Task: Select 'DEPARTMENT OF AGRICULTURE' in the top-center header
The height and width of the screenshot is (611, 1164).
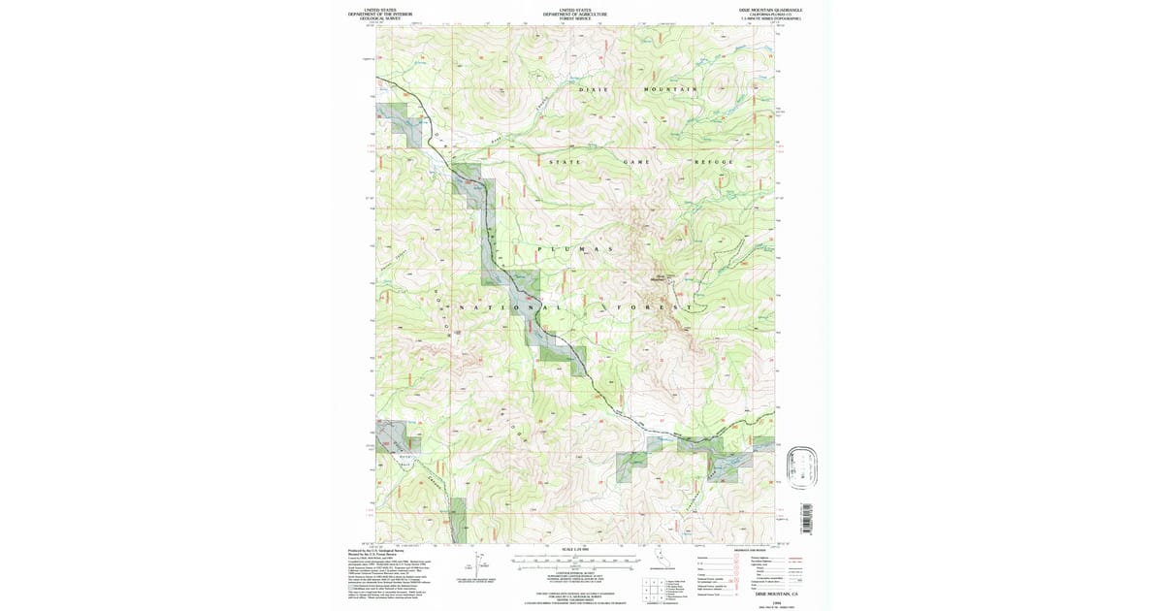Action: pyautogui.click(x=575, y=15)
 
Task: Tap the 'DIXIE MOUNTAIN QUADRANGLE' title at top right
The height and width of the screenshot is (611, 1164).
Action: pyautogui.click(x=771, y=10)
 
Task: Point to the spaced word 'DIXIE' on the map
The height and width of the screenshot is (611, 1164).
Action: pyautogui.click(x=594, y=89)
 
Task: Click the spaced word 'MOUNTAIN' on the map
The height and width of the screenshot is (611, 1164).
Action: pyautogui.click(x=671, y=89)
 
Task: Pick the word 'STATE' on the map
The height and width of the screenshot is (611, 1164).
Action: pyautogui.click(x=566, y=161)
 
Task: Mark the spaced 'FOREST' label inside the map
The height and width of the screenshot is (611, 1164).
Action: pyautogui.click(x=655, y=308)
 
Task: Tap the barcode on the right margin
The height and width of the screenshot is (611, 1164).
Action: pyautogui.click(x=804, y=516)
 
